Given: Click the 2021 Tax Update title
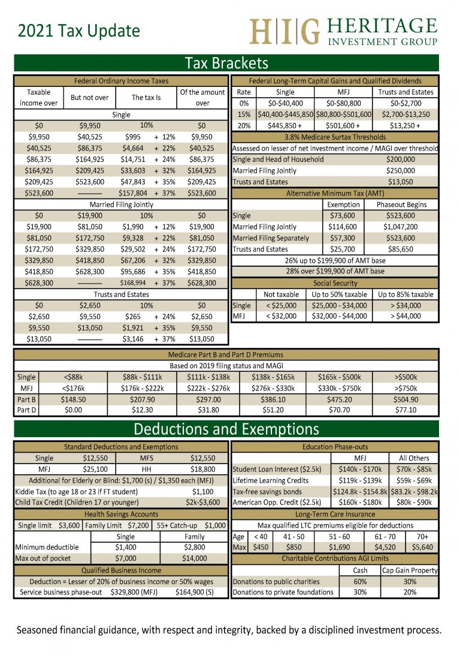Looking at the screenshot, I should coord(78,31).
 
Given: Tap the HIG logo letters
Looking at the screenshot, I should coord(284,31).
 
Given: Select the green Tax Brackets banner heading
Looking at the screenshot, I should coord(226,64).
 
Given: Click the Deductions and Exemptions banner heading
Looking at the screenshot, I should coord(226,429).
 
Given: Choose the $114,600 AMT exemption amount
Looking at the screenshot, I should coord(343,227).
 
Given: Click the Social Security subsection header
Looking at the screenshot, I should coord(335,283).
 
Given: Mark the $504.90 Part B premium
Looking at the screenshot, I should coord(405,399).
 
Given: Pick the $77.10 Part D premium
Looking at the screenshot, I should coord(405,410).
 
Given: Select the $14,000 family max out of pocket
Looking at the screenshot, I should coord(195,559).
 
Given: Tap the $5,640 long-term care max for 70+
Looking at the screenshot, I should coord(422,547).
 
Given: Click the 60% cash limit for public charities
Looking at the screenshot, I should coord(361,582).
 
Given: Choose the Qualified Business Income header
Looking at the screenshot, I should coord(121,570).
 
